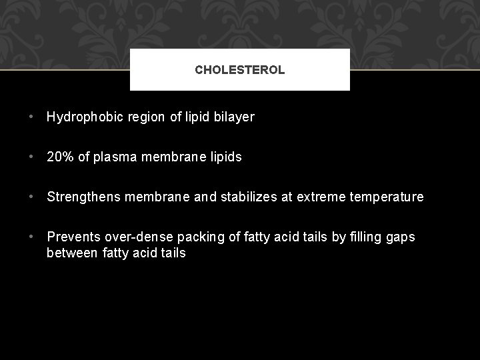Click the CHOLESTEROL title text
(239, 69)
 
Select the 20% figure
(59, 157)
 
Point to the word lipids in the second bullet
(225, 157)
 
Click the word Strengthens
(83, 197)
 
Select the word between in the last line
(73, 253)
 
